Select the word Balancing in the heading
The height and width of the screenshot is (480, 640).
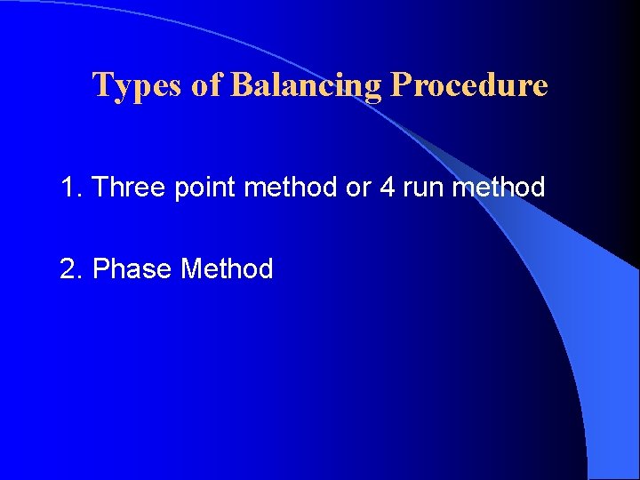(x=306, y=85)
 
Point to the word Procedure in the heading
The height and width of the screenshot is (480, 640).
(x=469, y=85)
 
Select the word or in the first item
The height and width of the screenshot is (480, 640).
(x=357, y=188)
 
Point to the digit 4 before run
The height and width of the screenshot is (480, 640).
(x=387, y=188)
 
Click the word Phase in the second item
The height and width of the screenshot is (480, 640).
(x=132, y=268)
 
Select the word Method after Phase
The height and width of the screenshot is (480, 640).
(x=227, y=268)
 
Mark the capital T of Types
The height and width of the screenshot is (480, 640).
(x=101, y=85)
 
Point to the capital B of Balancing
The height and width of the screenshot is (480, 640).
(x=241, y=85)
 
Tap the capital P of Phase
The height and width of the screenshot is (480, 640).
(x=100, y=268)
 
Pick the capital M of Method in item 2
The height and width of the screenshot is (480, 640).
(x=191, y=268)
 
